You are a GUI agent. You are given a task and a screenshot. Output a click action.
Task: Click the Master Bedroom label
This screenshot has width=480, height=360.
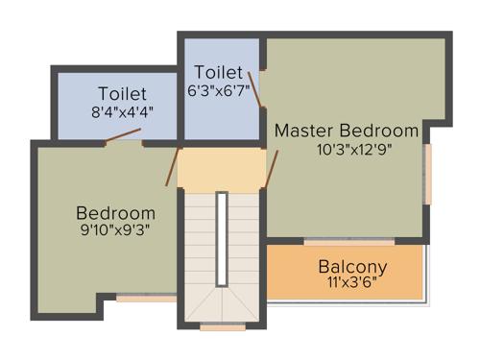tap(347, 130)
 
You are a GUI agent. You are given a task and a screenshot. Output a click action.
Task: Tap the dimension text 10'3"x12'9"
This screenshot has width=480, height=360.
tap(354, 149)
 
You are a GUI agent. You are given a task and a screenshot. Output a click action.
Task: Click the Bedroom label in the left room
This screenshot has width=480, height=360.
tap(115, 213)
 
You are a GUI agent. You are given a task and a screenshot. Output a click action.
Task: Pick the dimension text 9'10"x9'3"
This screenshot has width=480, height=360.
tap(115, 229)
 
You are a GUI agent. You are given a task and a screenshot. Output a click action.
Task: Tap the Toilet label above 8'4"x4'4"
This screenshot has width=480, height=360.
tap(122, 94)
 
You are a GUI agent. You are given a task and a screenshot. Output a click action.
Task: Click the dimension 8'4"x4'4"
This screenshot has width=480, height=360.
tap(122, 111)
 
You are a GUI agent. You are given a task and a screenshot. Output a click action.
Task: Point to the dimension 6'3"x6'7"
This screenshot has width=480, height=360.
tap(219, 91)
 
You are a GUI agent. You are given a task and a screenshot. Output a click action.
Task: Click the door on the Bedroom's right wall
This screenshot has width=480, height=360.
tap(174, 166)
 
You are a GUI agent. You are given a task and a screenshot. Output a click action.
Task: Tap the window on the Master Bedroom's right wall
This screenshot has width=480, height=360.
tap(428, 173)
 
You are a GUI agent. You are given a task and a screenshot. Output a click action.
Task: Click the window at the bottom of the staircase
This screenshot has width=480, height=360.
tap(222, 327)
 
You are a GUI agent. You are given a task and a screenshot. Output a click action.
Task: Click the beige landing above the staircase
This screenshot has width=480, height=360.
tap(222, 170)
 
